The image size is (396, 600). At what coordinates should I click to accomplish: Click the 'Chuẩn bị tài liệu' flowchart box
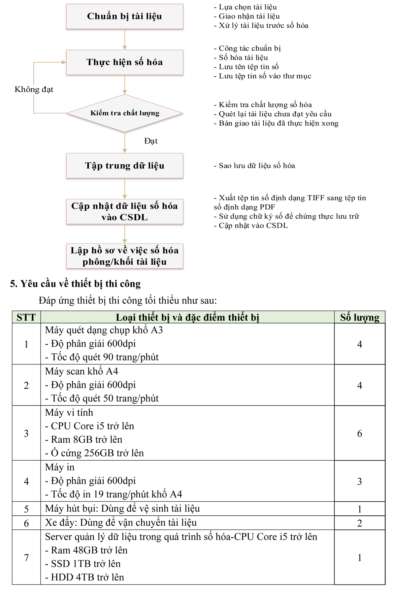point(124,16)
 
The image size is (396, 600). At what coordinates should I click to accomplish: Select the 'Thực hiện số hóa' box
point(124,62)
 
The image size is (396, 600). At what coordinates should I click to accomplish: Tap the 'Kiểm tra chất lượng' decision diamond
point(125,113)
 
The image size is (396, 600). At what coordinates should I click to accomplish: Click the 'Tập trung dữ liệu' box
point(124,166)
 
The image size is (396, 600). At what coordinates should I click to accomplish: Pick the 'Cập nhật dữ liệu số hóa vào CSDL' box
point(124,211)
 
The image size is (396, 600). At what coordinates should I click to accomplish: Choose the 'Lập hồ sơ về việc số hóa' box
point(124,256)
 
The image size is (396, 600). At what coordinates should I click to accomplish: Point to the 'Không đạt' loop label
point(34,90)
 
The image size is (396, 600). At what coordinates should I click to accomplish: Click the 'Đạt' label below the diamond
point(151,141)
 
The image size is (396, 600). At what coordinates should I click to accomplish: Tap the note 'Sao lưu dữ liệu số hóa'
point(254,166)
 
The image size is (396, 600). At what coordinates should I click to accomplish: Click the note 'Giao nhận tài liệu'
point(247,16)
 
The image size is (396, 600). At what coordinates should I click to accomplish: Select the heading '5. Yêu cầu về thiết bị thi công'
point(75,284)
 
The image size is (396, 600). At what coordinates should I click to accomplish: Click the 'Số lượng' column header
point(360,317)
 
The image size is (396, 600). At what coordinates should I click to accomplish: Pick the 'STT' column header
point(26,317)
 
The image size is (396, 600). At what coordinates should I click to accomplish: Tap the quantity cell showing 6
point(360,433)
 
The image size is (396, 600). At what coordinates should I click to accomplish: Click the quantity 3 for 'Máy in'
point(360,481)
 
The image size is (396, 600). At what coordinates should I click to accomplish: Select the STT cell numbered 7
point(26,557)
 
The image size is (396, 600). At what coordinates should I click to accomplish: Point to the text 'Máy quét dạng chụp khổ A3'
point(104,330)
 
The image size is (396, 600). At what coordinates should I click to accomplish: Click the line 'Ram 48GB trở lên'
point(86,550)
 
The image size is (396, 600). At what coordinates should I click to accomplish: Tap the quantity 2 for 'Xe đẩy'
point(360,523)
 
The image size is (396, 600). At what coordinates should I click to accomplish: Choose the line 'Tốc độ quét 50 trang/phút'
point(102,398)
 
